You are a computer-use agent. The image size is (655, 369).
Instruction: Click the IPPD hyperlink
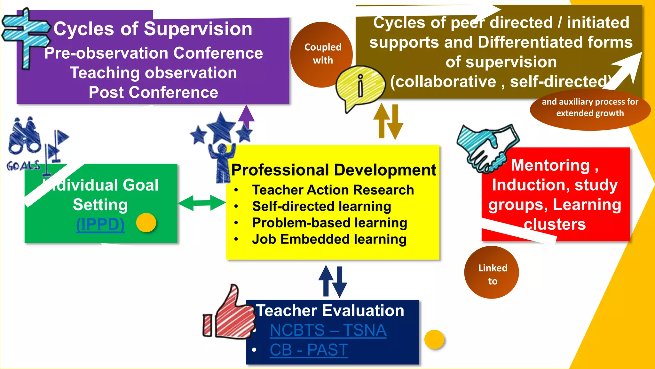pyautogui.click(x=100, y=224)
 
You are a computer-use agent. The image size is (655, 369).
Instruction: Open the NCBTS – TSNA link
pyautogui.click(x=328, y=330)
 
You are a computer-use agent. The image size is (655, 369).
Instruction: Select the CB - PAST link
pyautogui.click(x=309, y=350)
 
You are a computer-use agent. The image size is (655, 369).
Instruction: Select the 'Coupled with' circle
pyautogui.click(x=322, y=54)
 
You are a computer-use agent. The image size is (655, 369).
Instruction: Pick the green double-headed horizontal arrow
pyautogui.click(x=202, y=203)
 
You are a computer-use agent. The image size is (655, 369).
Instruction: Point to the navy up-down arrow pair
pyautogui.click(x=333, y=282)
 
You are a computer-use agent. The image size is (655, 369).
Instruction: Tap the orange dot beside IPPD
pyautogui.click(x=146, y=223)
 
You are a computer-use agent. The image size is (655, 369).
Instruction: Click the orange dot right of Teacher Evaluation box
pyautogui.click(x=434, y=340)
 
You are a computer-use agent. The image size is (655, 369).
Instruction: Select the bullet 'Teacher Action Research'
pyautogui.click(x=333, y=190)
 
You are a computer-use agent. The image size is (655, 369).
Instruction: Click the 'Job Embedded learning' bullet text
pyautogui.click(x=329, y=239)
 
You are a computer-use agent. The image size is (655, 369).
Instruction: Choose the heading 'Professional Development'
pyautogui.click(x=334, y=170)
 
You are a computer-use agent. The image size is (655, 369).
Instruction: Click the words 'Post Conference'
pyautogui.click(x=154, y=93)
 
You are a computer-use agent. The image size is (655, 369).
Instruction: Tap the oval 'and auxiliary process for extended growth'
pyautogui.click(x=590, y=108)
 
